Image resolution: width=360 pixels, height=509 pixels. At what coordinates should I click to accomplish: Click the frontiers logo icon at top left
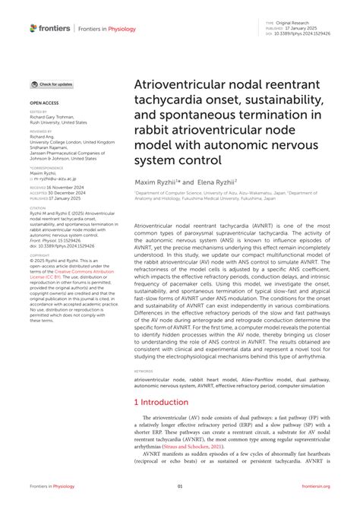[x=33, y=28]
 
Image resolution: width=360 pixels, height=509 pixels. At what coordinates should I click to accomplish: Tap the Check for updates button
[x=52, y=84]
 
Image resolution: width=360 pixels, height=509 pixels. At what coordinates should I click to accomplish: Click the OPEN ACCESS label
[x=43, y=101]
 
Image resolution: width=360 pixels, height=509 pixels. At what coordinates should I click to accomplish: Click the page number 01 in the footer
[x=180, y=486]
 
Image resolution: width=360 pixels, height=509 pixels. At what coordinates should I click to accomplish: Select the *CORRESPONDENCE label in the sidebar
[x=46, y=167]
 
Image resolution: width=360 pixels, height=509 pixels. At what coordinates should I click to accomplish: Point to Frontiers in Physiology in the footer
[x=52, y=486]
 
